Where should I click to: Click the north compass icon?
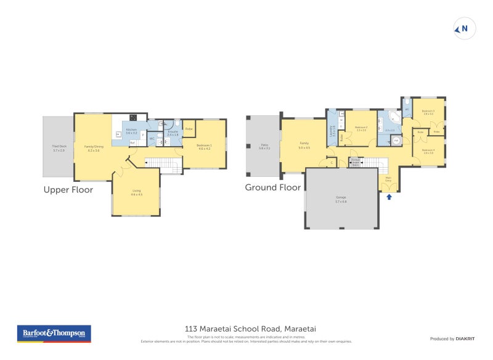coord(465,28)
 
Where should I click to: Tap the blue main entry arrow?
coord(388,197)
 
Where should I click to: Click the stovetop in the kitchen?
coord(133,117)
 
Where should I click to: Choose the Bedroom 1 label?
coord(204,147)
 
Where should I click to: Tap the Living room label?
coord(136,192)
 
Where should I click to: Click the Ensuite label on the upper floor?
coord(173,133)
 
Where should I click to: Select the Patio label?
coord(264,147)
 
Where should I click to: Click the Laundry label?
coord(333,131)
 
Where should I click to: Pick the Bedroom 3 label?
coord(428,112)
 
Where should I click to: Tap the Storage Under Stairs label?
coord(356,162)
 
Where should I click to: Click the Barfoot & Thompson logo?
coord(54,333)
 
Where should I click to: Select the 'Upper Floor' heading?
coord(68,190)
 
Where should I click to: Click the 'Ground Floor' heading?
coord(273,187)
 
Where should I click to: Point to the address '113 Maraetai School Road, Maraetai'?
coord(246,329)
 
